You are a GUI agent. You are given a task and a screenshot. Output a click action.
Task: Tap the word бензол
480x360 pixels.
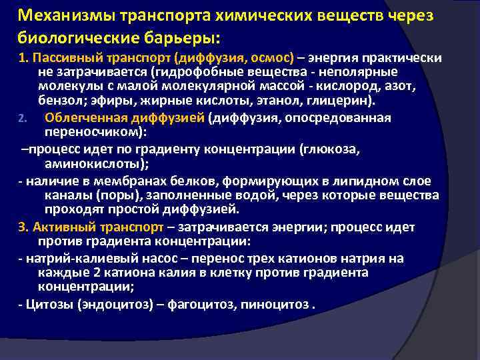(x=58, y=102)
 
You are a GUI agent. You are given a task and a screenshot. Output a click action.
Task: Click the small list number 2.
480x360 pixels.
(x=22, y=119)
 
